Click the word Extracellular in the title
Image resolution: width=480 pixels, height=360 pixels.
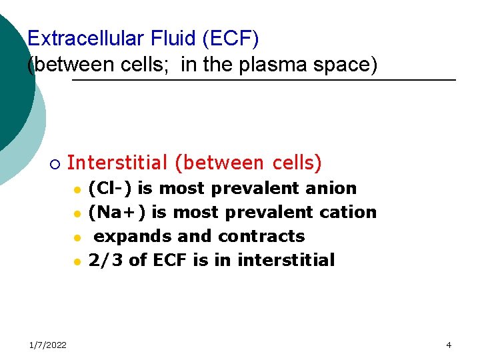[85, 39]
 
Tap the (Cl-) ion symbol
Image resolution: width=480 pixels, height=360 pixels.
[106, 189]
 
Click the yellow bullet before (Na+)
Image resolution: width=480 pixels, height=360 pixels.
[77, 214]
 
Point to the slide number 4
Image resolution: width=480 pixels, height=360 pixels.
[449, 345]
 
